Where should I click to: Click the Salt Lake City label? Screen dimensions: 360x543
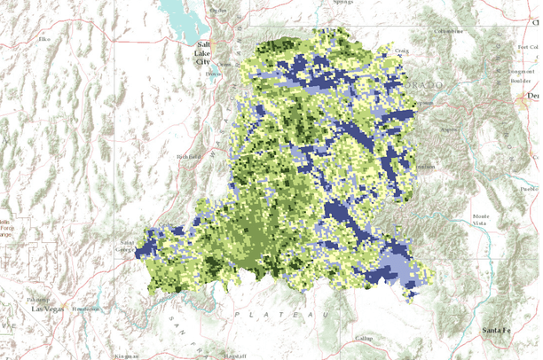coord(204,53)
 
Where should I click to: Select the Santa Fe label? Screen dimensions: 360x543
coord(496,330)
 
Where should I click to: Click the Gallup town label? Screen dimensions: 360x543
coord(364,339)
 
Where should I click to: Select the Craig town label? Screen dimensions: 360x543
coord(401,51)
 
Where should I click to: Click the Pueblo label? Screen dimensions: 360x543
coord(531,189)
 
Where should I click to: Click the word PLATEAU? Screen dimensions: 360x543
coord(283,314)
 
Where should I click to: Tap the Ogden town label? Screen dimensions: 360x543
coord(216,9)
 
